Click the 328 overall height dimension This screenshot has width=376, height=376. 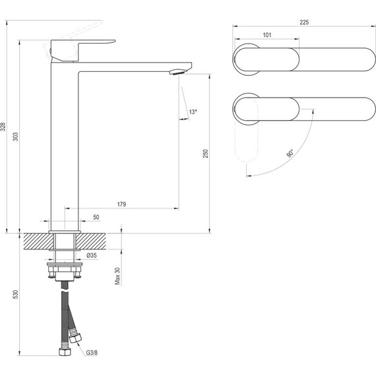pos(3,127)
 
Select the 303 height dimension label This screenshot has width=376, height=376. pos(15,137)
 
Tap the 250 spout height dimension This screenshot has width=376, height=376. pos(206,154)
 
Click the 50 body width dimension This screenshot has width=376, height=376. pos(96,217)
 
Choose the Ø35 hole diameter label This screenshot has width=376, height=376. pos(92,255)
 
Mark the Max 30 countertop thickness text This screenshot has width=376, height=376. pos(117,276)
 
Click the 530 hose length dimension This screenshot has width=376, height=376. pos(15,294)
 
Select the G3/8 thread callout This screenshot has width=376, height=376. pos(92,353)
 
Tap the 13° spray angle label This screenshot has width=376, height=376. pos(193,112)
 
